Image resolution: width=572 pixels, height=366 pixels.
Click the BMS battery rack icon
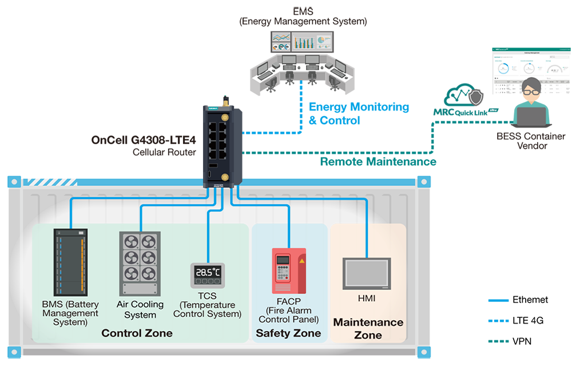(70, 262)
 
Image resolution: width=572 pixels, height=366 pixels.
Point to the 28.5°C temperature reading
(207, 272)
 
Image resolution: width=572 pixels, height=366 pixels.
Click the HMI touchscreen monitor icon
(367, 273)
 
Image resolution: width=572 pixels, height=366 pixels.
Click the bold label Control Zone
(137, 333)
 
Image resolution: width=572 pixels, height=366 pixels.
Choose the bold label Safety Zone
(288, 333)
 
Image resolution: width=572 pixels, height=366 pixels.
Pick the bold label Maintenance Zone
(368, 328)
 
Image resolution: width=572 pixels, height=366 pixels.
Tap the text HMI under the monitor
(367, 299)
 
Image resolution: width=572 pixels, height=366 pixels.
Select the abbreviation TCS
(207, 297)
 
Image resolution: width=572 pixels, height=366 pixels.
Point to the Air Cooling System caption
(140, 309)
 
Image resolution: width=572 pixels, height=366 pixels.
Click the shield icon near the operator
(476, 98)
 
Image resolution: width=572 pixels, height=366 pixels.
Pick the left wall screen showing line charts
(281, 41)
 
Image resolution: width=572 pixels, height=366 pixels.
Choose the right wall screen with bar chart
(312, 41)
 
